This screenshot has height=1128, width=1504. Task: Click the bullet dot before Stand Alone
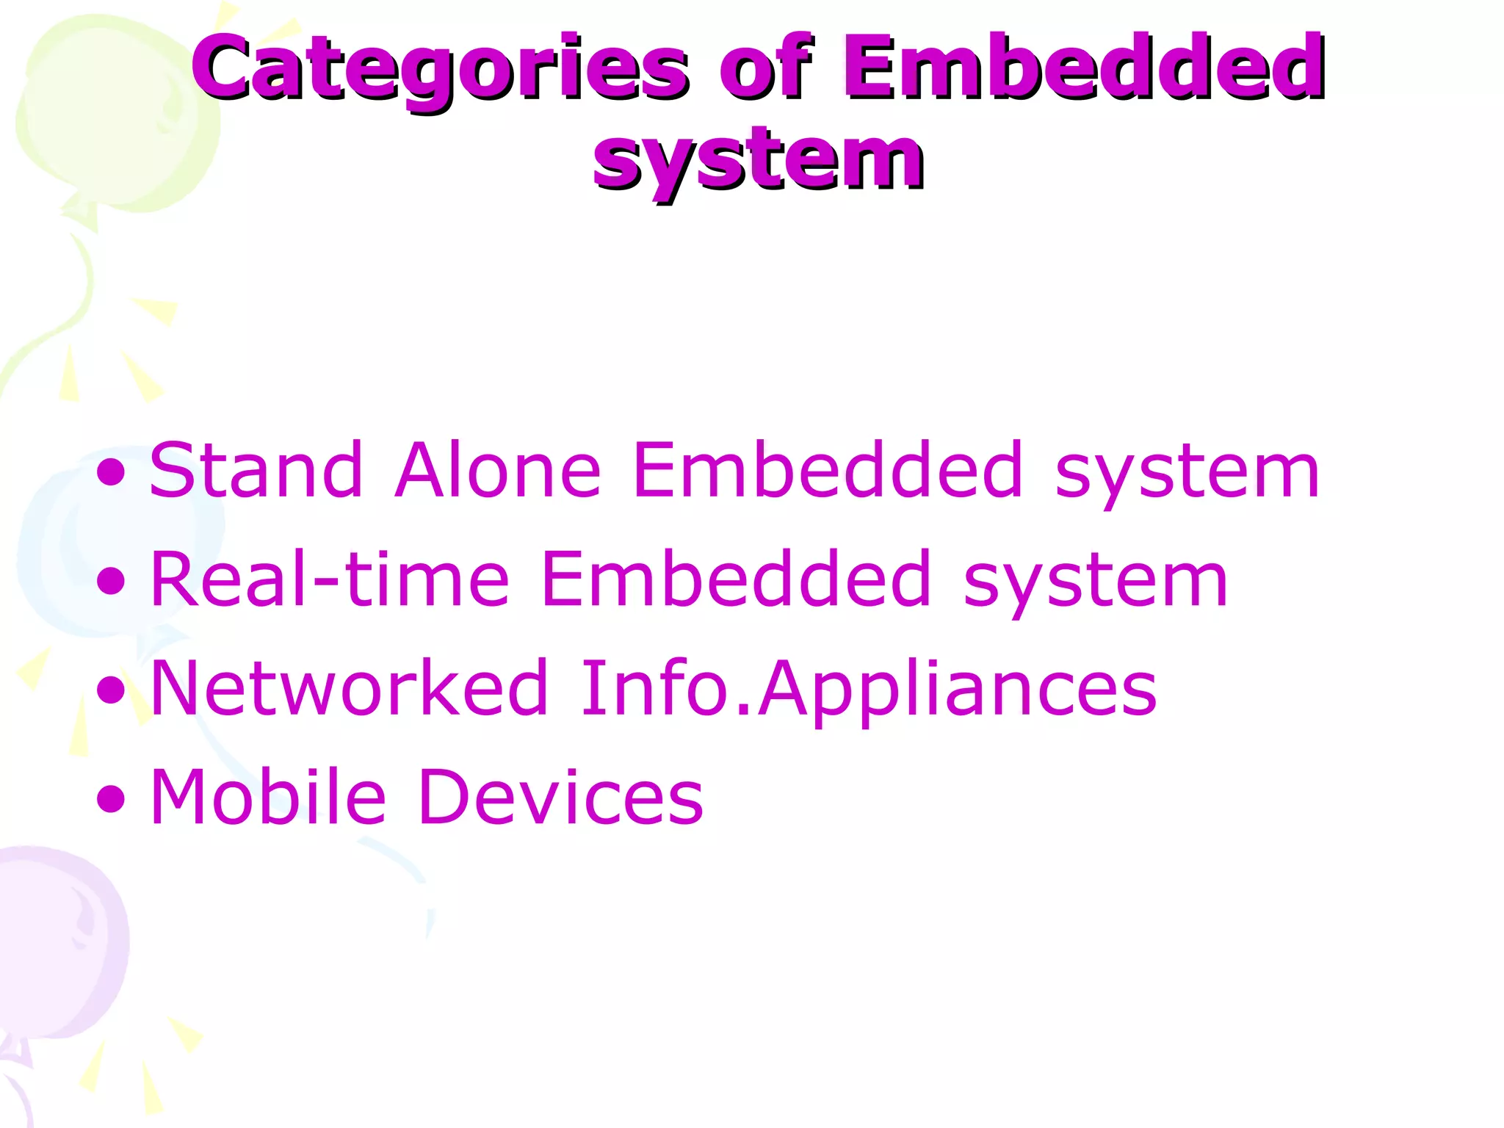coord(111,472)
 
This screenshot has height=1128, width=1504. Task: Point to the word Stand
coord(256,470)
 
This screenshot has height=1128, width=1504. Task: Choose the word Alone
coord(498,470)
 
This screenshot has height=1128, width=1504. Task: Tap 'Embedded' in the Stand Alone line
coord(828,470)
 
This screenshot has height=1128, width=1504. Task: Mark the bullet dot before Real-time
coord(111,582)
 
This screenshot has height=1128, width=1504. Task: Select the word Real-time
coord(329,579)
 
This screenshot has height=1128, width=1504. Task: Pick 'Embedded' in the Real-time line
coord(736,579)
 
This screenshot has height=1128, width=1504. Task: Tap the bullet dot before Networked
coord(111,690)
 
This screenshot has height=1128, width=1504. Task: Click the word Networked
coord(350,688)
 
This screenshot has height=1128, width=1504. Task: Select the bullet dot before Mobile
coord(111,799)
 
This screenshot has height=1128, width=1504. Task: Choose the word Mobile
coord(268,797)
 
